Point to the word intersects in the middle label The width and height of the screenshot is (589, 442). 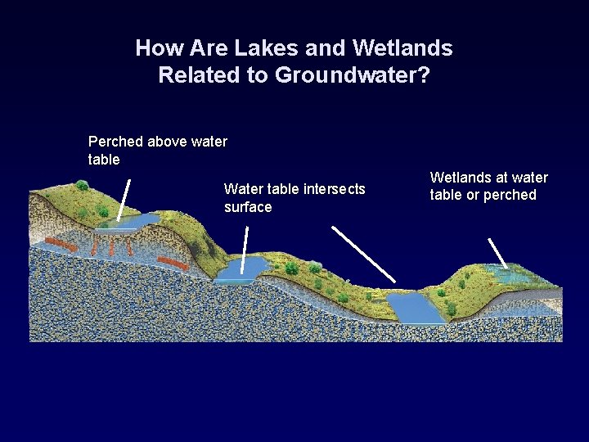point(335,189)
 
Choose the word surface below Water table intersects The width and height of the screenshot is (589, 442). point(247,207)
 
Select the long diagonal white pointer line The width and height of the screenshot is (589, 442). point(364,255)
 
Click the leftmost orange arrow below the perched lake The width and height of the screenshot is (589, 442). point(58,243)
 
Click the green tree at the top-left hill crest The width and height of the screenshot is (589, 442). point(82,186)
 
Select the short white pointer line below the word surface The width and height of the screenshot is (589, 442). point(246,244)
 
